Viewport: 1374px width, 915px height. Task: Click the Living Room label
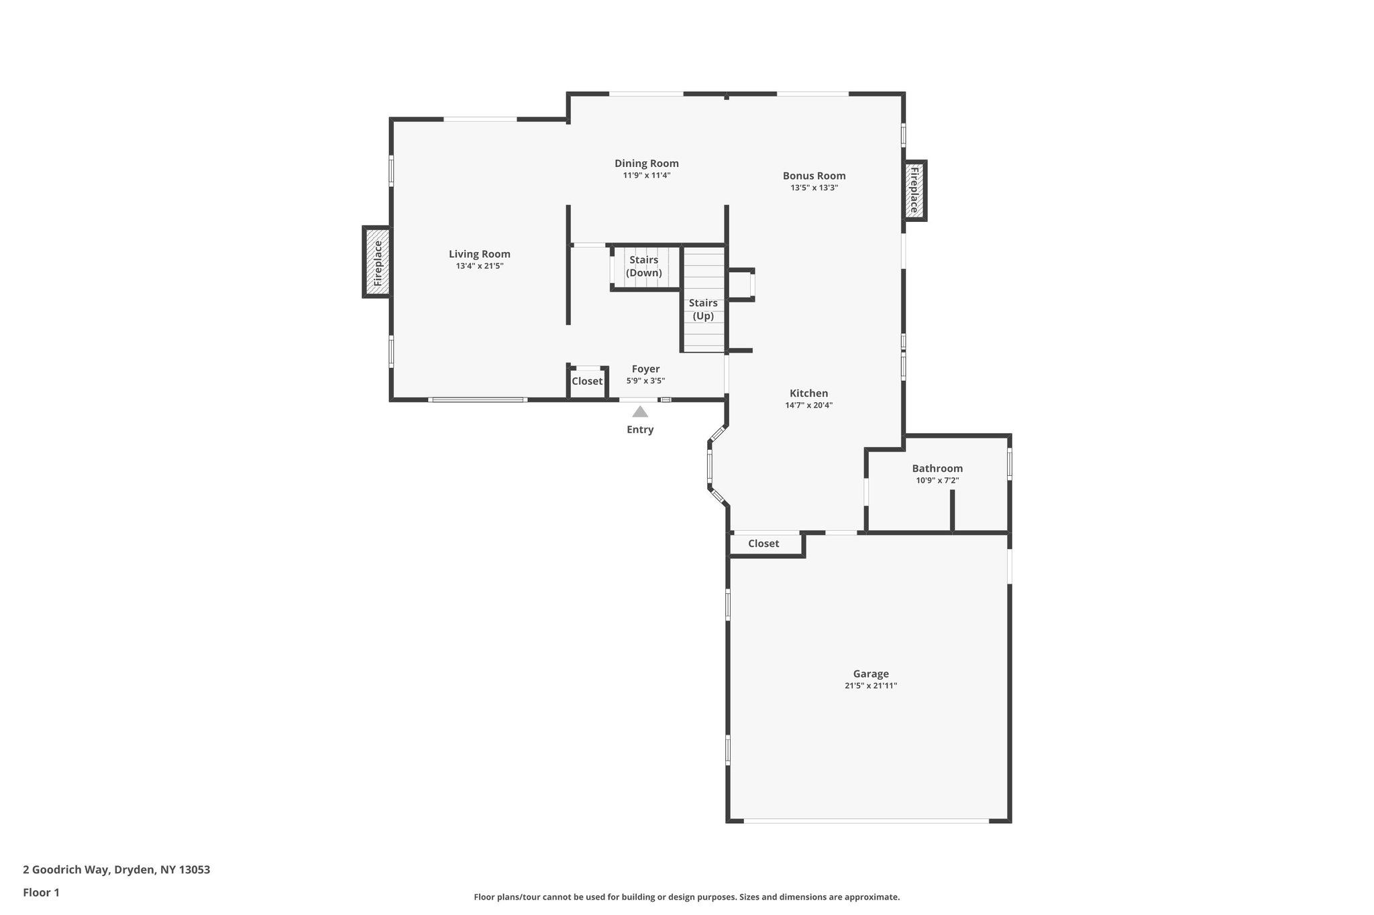point(479,254)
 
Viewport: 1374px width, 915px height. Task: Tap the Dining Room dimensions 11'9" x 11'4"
point(646,176)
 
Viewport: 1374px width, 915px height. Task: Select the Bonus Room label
point(814,176)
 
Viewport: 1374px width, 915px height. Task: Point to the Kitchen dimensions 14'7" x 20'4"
point(808,406)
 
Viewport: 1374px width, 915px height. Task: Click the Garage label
point(870,674)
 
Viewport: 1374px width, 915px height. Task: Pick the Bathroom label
point(937,469)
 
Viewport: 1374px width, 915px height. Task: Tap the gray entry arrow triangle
point(639,412)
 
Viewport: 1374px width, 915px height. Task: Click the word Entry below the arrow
point(639,430)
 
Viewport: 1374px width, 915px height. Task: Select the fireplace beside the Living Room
point(377,262)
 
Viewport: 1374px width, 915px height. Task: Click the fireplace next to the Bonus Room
point(914,190)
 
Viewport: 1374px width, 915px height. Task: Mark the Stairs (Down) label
point(643,266)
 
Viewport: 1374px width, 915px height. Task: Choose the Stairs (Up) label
point(703,309)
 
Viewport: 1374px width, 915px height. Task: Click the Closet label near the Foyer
point(587,381)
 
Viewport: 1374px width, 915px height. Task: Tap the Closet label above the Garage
point(763,544)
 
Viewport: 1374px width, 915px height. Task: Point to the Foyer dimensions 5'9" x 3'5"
point(645,381)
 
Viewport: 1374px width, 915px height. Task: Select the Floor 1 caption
point(41,893)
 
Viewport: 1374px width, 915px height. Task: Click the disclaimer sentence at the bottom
point(686,897)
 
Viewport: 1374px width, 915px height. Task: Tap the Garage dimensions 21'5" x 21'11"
point(870,686)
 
